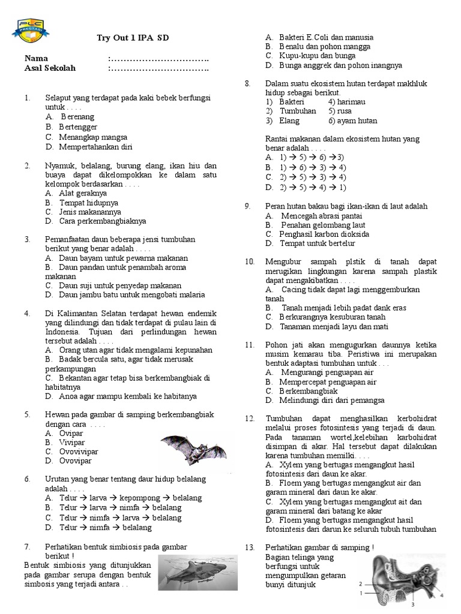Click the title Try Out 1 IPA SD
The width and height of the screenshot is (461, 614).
(133, 38)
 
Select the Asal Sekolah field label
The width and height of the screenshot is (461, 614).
(50, 68)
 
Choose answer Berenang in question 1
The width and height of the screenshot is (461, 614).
(77, 118)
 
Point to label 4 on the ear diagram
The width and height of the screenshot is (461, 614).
(442, 596)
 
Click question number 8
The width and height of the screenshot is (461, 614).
(247, 83)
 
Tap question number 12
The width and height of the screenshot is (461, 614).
(250, 418)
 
